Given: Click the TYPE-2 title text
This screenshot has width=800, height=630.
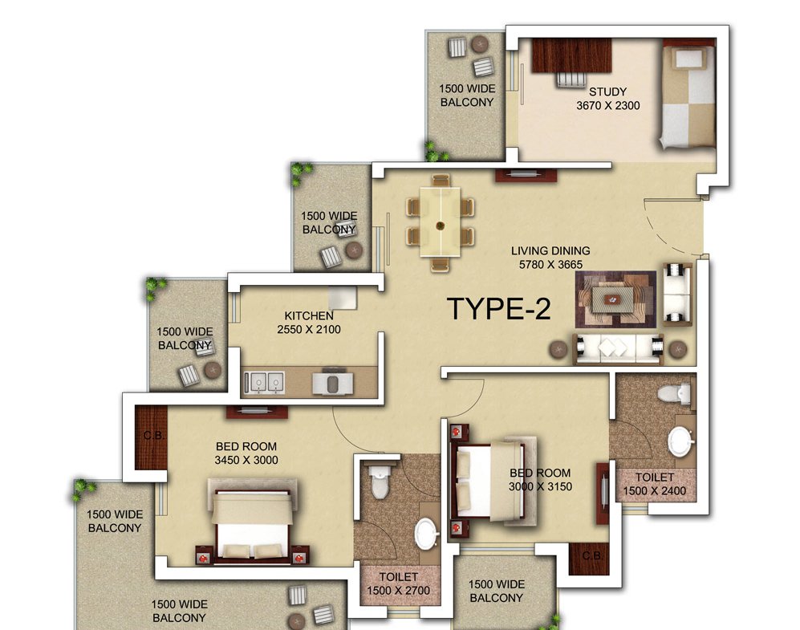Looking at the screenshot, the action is pyautogui.click(x=498, y=309).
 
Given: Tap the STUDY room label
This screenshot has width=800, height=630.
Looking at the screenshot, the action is pyautogui.click(x=607, y=91).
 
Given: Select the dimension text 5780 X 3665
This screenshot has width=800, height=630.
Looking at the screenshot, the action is pyautogui.click(x=550, y=264).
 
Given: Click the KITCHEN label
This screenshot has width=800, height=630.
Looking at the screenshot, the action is pyautogui.click(x=309, y=315).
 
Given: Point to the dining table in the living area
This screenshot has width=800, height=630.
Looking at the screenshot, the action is pyautogui.click(x=441, y=222).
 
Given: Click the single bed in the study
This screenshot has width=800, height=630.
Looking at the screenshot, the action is pyautogui.click(x=686, y=96).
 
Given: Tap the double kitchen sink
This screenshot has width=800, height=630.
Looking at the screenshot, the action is pyautogui.click(x=264, y=382).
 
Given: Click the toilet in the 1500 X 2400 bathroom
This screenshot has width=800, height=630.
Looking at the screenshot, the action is pyautogui.click(x=673, y=394).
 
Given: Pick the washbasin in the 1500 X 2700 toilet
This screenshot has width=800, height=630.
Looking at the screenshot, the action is pyautogui.click(x=427, y=534).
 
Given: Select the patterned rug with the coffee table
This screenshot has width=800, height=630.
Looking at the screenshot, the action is pyautogui.click(x=615, y=299).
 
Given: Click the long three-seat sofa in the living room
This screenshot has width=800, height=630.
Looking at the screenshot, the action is pyautogui.click(x=619, y=348).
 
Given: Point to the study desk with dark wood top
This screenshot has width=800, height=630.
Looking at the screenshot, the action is pyautogui.click(x=571, y=55).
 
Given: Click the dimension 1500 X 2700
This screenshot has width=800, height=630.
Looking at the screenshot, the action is pyautogui.click(x=399, y=590).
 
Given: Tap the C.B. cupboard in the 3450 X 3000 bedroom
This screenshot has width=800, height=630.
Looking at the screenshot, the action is pyautogui.click(x=151, y=437).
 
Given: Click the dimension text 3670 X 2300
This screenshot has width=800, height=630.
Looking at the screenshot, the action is pyautogui.click(x=607, y=106).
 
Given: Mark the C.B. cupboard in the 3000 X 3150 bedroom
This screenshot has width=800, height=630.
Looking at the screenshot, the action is pyautogui.click(x=589, y=559).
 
